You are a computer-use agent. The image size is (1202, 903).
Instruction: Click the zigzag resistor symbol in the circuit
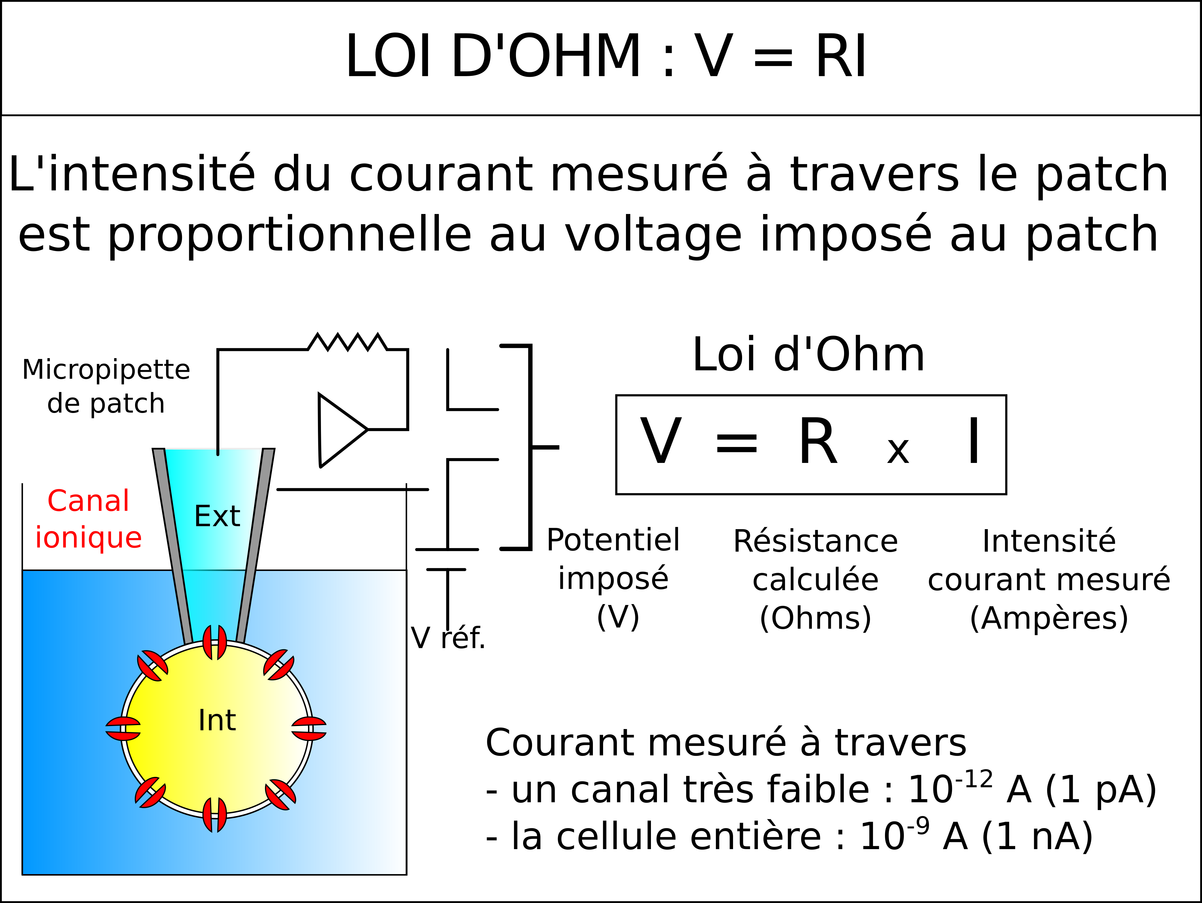coord(348,342)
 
